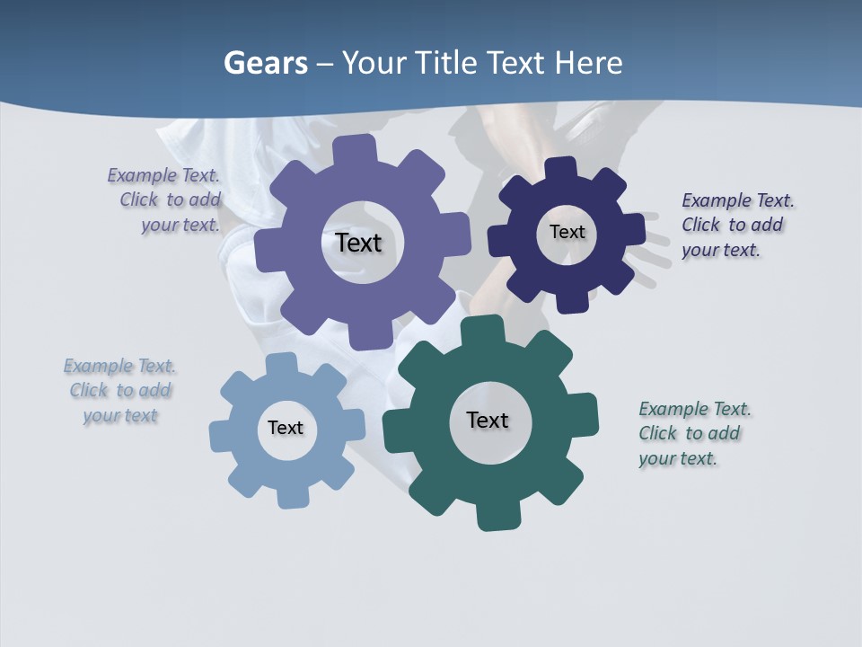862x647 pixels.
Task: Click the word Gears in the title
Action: click(265, 63)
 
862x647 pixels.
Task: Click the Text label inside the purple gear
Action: click(358, 243)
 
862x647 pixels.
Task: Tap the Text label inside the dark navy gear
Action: click(567, 232)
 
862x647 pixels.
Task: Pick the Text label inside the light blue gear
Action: click(286, 428)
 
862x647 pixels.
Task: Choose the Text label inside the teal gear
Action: click(488, 420)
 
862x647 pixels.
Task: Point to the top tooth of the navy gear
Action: click(560, 169)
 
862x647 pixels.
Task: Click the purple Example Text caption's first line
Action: click(163, 175)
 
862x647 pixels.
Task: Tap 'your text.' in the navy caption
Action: click(720, 250)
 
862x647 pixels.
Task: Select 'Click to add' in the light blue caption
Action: click(120, 390)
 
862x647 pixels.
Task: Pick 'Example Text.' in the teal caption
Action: click(695, 409)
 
